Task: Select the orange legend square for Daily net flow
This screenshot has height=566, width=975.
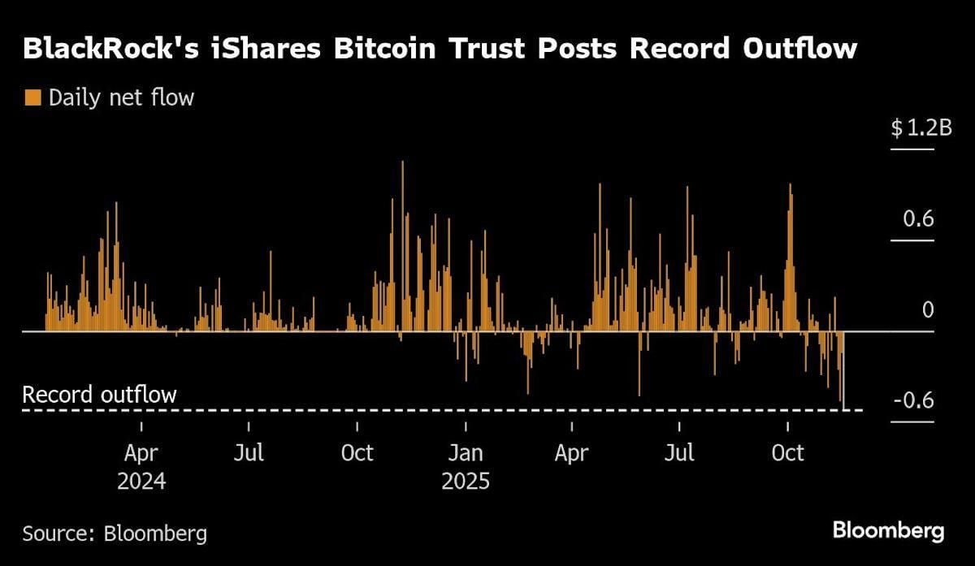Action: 32,98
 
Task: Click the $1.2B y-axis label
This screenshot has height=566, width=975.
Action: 921,128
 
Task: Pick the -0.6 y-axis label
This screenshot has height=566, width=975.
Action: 915,402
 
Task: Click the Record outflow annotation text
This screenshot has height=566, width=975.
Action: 99,395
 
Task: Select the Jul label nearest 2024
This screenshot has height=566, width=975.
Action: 248,452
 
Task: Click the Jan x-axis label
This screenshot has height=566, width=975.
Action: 466,452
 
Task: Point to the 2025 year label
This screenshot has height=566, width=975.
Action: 466,481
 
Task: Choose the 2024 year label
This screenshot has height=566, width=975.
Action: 141,481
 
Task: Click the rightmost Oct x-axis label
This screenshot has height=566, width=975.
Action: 787,452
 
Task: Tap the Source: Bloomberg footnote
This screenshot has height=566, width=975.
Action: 115,534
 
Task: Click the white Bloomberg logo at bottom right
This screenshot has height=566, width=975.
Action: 888,532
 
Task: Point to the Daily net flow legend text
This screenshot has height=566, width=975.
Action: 122,98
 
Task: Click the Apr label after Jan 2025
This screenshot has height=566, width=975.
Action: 571,452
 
